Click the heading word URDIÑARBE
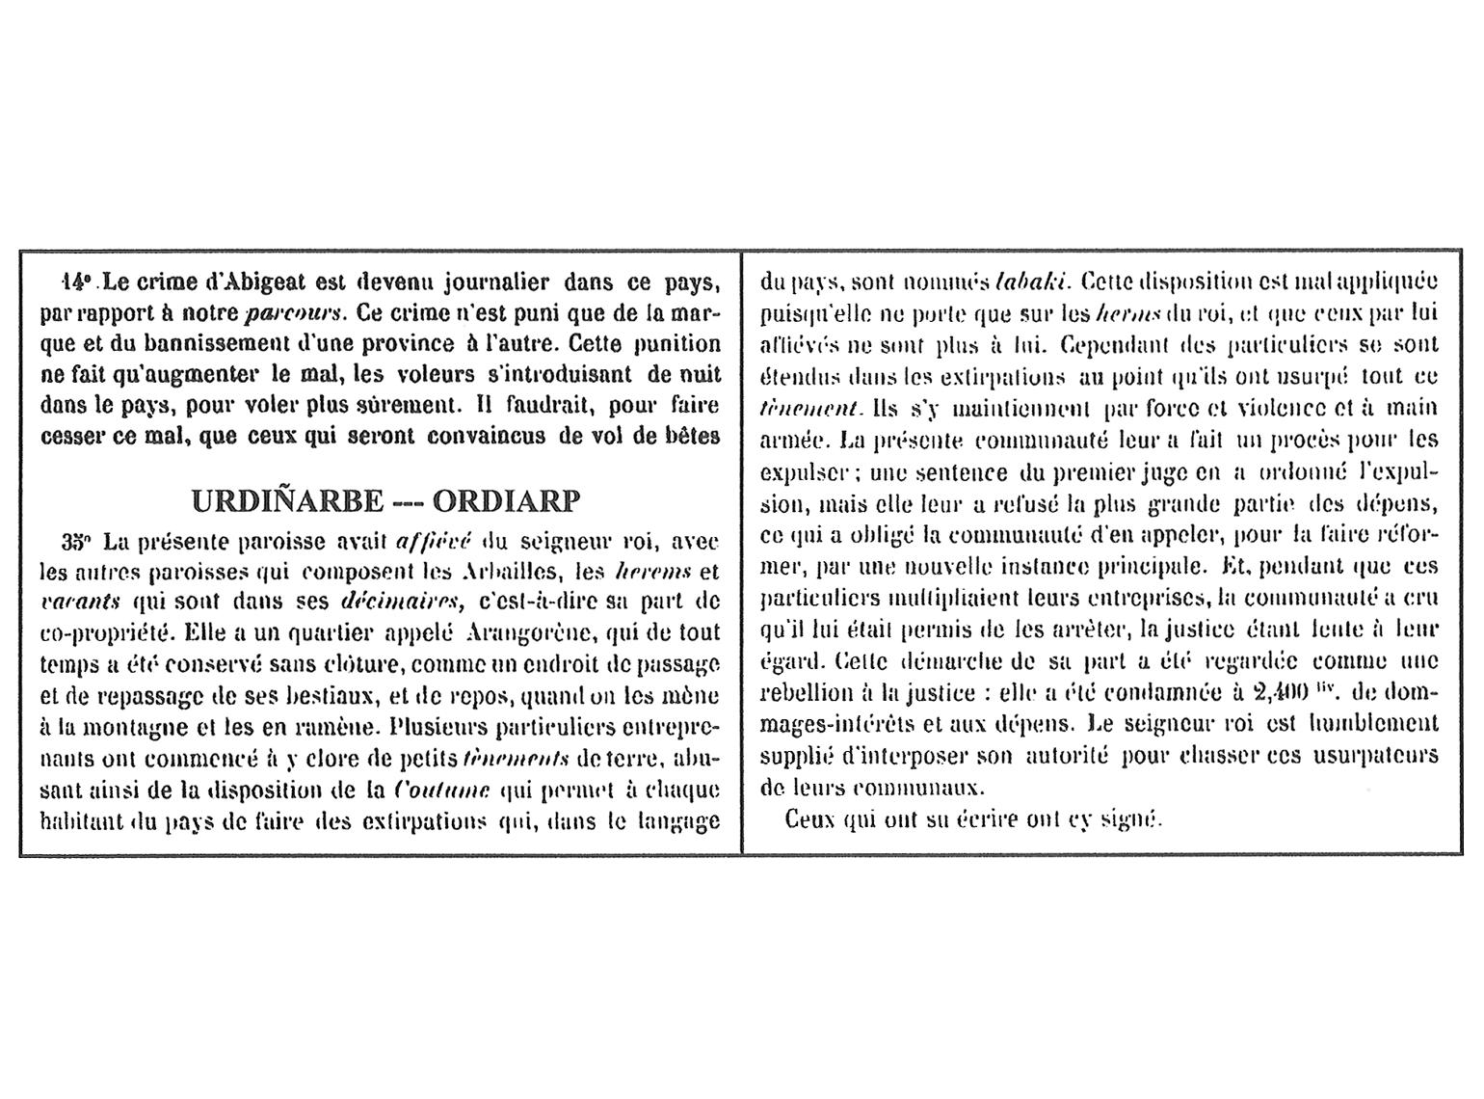[287, 502]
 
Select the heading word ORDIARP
[507, 502]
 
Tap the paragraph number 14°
[76, 282]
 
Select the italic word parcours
[294, 313]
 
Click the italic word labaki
[1028, 282]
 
